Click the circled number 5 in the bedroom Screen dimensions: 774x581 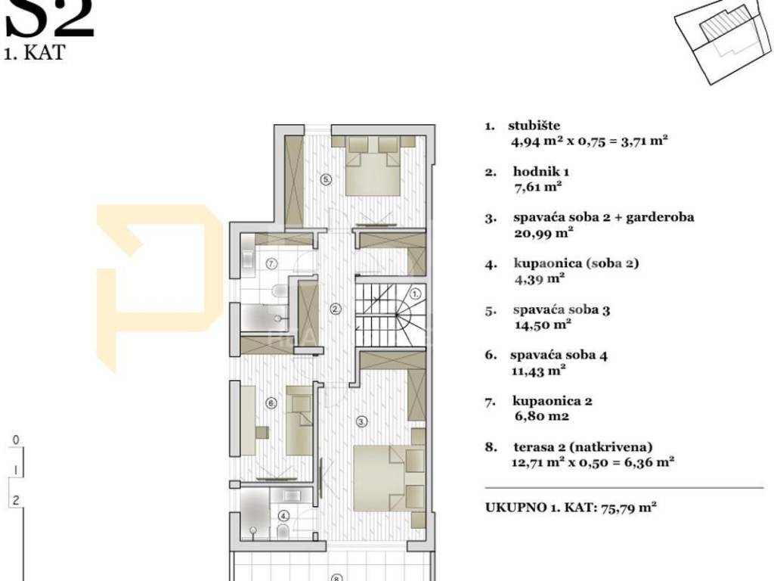pos(326,180)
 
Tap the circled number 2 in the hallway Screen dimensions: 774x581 pos(336,309)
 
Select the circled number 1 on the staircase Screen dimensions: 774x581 pos(416,294)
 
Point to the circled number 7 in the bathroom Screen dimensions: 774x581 pos(272,264)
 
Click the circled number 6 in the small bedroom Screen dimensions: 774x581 pos(271,404)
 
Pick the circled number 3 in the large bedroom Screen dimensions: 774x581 pos(362,421)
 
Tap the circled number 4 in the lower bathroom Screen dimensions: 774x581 pos(284,516)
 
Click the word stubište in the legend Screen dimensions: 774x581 pos(534,126)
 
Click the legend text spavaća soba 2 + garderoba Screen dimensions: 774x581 pos(604,217)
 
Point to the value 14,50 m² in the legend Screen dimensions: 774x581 pos(543,325)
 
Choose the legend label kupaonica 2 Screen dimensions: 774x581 pos(553,401)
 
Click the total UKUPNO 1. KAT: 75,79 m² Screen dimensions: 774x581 pos(571,508)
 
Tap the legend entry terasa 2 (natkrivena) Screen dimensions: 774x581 pos(583,447)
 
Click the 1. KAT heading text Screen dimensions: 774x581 pos(34,53)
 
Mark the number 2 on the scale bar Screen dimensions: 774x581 pos(16,500)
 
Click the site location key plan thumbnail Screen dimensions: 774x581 pos(723,42)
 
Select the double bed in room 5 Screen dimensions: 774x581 pos(372,166)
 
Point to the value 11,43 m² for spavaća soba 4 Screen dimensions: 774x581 pos(538,370)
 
